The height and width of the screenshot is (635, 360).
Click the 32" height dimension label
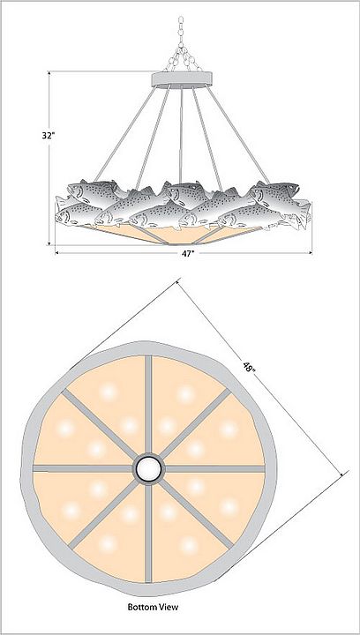pyautogui.click(x=49, y=136)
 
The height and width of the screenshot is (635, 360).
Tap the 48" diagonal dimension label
pyautogui.click(x=249, y=369)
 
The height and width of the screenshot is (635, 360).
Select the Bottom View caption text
pyautogui.click(x=153, y=607)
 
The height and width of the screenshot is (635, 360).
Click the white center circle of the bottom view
pyautogui.click(x=148, y=468)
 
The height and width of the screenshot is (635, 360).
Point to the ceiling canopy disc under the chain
pyautogui.click(x=182, y=79)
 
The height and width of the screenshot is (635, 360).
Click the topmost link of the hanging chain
pyautogui.click(x=181, y=20)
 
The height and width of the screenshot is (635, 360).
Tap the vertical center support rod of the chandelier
pyautogui.click(x=181, y=136)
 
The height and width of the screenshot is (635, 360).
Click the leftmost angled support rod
pyautogui.click(x=124, y=134)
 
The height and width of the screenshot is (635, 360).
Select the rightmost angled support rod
pyautogui.click(x=239, y=134)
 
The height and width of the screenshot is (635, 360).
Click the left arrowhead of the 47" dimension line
pyautogui.click(x=57, y=253)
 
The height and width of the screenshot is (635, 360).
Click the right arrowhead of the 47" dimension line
pyautogui.click(x=310, y=253)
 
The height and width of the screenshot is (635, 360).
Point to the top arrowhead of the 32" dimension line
pyautogui.click(x=49, y=74)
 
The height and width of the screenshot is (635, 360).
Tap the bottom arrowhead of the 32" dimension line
pyautogui.click(x=49, y=243)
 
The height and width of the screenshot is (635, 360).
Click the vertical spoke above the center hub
pyautogui.click(x=148, y=405)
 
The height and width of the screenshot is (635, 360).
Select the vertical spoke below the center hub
pyautogui.click(x=148, y=533)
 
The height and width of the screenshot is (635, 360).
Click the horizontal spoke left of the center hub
pyautogui.click(x=83, y=468)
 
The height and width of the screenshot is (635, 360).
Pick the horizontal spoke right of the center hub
pyautogui.click(x=214, y=468)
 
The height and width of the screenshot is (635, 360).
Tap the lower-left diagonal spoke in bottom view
pyautogui.click(x=103, y=514)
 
